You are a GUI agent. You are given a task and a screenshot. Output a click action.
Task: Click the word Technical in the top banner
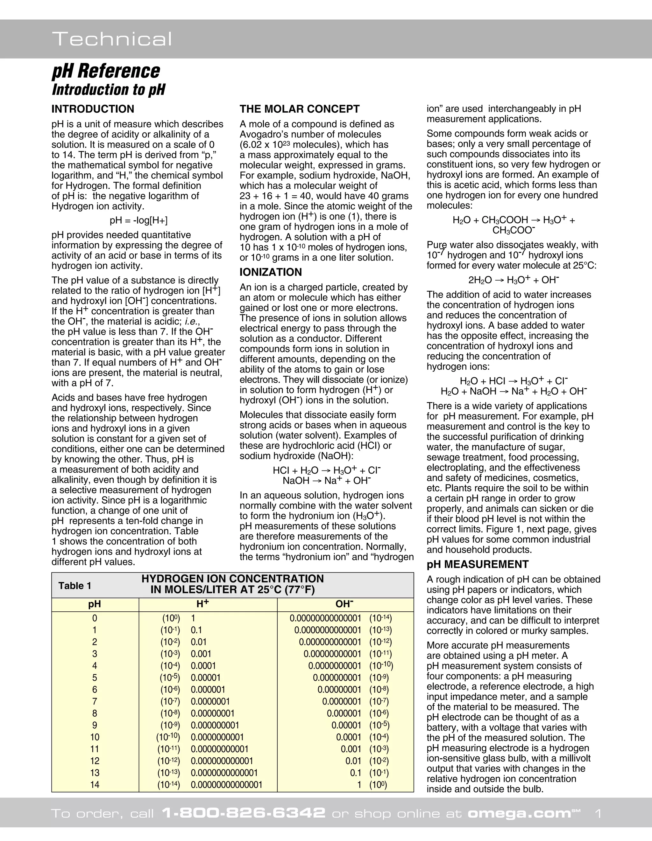[112, 39]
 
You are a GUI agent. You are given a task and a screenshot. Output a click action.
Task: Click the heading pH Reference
[106, 71]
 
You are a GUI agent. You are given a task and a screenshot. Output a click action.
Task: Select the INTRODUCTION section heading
[93, 109]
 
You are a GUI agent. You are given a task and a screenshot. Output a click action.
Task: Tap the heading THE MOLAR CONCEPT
[299, 109]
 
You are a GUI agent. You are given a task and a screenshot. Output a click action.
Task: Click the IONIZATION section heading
[271, 272]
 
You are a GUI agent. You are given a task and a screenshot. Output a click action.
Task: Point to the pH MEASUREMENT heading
[478, 565]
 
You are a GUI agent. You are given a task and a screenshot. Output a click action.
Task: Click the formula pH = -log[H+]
[139, 220]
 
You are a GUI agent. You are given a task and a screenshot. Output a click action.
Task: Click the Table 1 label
[75, 586]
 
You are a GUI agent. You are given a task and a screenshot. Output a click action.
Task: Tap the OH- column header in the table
[344, 604]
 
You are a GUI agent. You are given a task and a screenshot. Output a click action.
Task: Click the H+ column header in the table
[203, 604]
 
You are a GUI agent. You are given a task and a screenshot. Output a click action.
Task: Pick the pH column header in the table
[95, 604]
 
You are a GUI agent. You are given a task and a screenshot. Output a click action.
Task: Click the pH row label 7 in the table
[95, 701]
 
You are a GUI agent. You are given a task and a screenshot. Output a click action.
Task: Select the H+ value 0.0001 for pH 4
[203, 666]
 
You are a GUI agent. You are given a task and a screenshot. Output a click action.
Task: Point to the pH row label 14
[95, 784]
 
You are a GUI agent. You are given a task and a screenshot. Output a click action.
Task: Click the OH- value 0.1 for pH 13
[355, 773]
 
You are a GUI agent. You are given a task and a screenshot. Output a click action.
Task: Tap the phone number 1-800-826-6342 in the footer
[244, 813]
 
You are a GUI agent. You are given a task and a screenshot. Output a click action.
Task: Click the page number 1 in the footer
[598, 813]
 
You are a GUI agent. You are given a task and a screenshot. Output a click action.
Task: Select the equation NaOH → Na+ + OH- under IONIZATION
[326, 481]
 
